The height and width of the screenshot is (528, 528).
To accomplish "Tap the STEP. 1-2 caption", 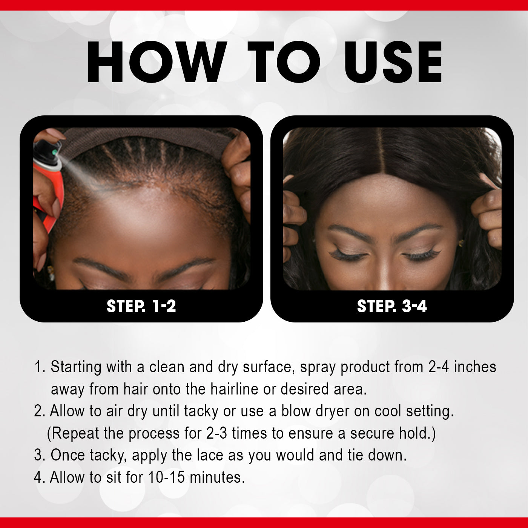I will (141, 306).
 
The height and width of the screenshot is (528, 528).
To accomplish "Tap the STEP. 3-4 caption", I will (392, 306).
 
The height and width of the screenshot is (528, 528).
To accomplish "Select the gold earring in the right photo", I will (461, 243).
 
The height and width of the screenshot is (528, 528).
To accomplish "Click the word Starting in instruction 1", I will (76, 367).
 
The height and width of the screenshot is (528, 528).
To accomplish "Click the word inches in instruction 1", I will (475, 367).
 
